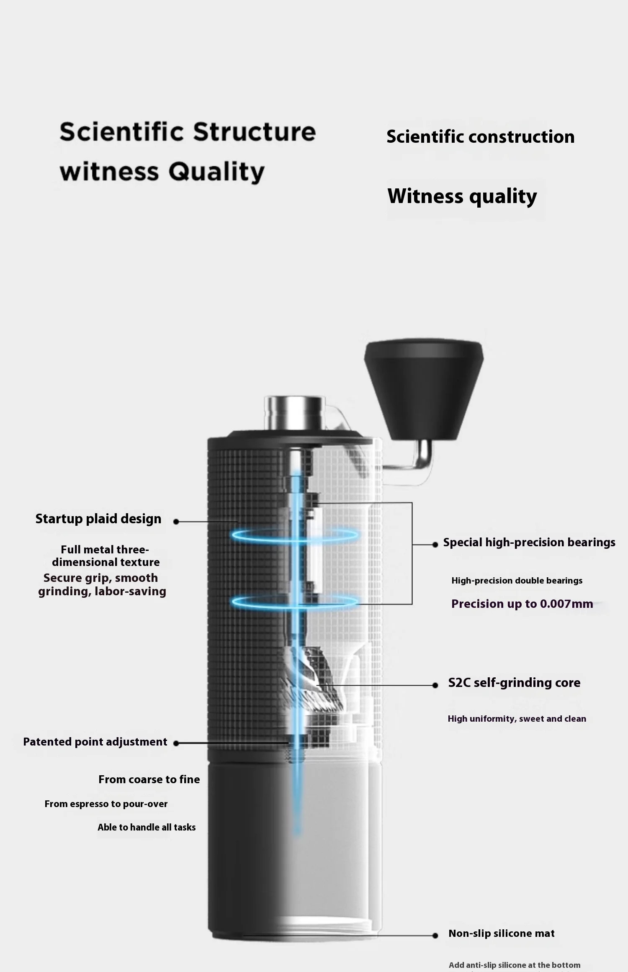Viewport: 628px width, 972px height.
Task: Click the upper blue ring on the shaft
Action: (x=295, y=535)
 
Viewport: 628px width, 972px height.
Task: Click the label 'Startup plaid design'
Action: (x=98, y=519)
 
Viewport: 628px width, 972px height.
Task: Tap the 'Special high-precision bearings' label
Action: (x=529, y=543)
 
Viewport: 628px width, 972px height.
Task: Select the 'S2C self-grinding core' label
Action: (x=514, y=683)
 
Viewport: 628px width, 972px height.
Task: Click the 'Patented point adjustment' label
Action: (x=95, y=742)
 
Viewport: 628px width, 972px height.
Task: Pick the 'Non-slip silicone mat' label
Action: (x=501, y=933)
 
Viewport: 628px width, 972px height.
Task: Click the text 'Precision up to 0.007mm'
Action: (x=522, y=604)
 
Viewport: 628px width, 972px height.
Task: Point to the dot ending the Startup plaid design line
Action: (x=176, y=522)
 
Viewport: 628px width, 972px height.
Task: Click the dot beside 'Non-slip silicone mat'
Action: (x=435, y=936)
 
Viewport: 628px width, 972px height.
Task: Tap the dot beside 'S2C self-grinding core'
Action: (x=435, y=685)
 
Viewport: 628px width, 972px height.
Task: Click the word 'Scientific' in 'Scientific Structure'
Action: (x=121, y=132)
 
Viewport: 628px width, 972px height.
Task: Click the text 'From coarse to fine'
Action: (x=149, y=779)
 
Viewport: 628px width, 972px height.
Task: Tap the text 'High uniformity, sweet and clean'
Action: (x=517, y=719)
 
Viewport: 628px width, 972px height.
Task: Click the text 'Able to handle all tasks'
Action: (x=147, y=827)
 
